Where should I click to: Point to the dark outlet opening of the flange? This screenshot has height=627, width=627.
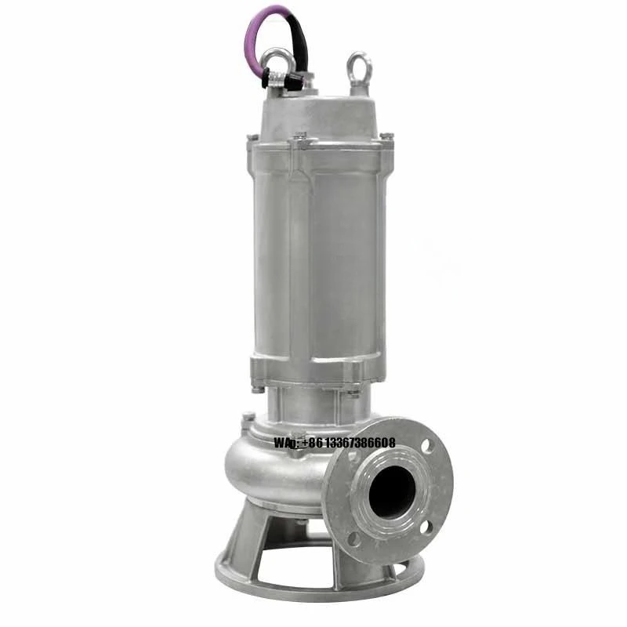tap(392, 491)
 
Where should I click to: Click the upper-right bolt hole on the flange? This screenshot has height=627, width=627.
tap(427, 447)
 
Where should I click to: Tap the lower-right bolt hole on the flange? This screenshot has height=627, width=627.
tap(426, 527)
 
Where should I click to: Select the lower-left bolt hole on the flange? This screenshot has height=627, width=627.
tap(354, 538)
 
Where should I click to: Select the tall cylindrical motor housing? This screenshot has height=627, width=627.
tap(317, 251)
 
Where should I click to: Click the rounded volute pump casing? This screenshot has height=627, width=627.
tap(266, 470)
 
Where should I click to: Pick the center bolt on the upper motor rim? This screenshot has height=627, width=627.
tap(300, 141)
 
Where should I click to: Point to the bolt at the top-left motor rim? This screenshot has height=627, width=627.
tap(252, 140)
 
